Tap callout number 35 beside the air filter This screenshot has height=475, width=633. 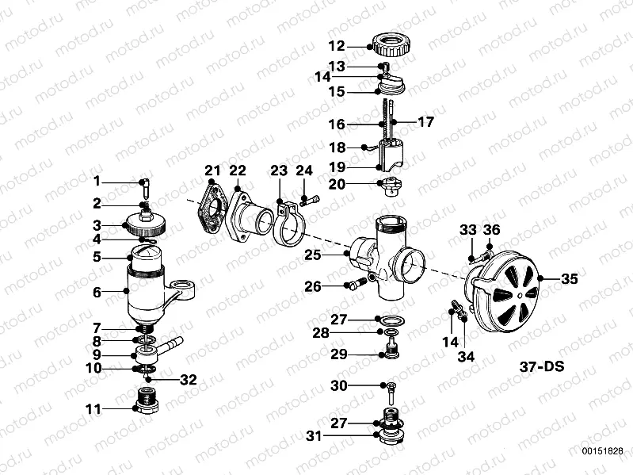coord(570,279)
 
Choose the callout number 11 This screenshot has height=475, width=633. coord(94,409)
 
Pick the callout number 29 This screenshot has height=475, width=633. coord(338,354)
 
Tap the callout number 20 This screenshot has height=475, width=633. coord(337,185)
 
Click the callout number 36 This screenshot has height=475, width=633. coord(492,230)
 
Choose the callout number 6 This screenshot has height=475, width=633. coord(97,292)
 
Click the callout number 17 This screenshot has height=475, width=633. coord(426,123)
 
